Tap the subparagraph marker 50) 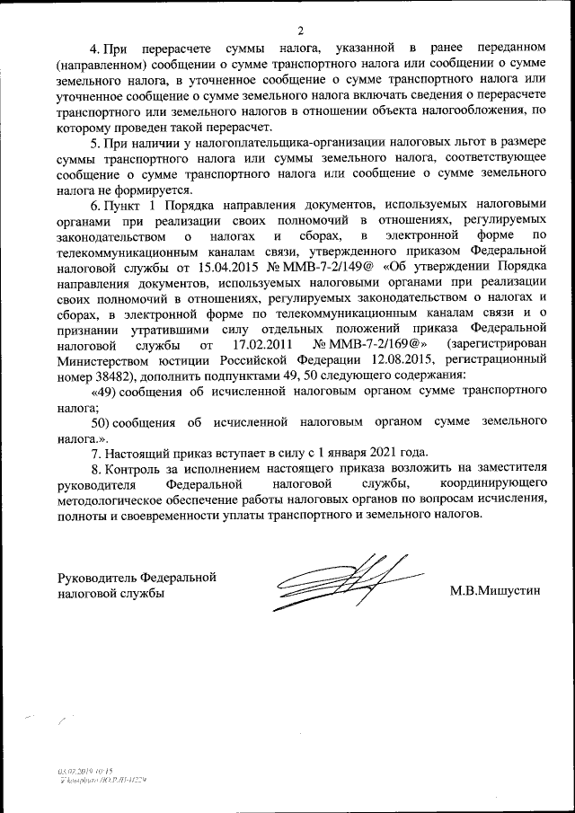pos(105,421)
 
